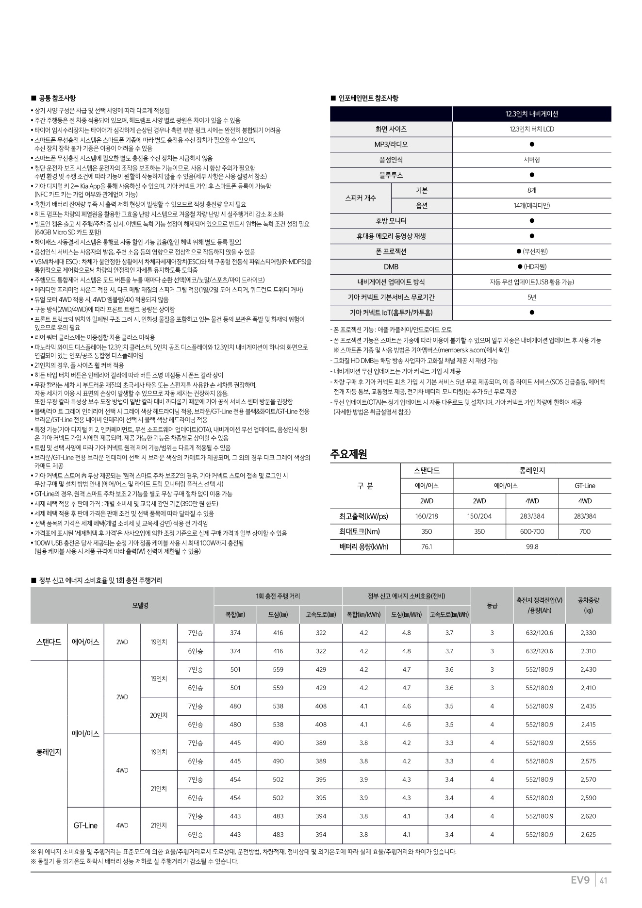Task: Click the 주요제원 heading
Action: pyautogui.click(x=348, y=454)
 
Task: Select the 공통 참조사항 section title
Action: pyautogui.click(x=57, y=99)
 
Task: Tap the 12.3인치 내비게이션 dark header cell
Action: pyautogui.click(x=531, y=114)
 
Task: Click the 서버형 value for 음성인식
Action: pyautogui.click(x=531, y=160)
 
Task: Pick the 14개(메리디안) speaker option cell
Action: pyautogui.click(x=531, y=206)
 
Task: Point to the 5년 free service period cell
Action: pyautogui.click(x=531, y=297)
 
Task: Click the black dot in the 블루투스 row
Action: pyautogui.click(x=531, y=175)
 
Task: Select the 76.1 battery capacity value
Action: pyautogui.click(x=427, y=547)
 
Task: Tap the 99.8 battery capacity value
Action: pyautogui.click(x=531, y=547)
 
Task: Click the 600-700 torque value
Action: pyautogui.click(x=532, y=531)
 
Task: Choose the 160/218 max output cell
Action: pyautogui.click(x=427, y=516)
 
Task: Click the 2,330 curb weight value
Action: pyautogui.click(x=588, y=633)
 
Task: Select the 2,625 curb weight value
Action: pyautogui.click(x=588, y=835)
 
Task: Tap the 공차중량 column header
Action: pyautogui.click(x=588, y=605)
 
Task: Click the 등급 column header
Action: pyautogui.click(x=492, y=605)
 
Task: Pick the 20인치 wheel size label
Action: pyautogui.click(x=159, y=715)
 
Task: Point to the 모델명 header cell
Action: pyautogui.click(x=141, y=605)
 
